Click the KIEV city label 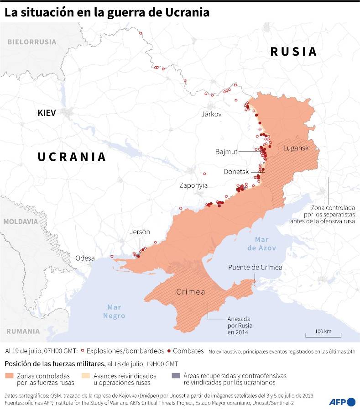point(47,113)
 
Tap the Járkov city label point(211,114)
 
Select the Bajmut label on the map point(226,151)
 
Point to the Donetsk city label point(236,172)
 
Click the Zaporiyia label point(193,185)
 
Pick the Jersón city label point(140,232)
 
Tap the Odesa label point(85,258)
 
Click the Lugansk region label point(296,148)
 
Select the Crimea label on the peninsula point(190,292)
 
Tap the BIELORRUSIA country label point(31,42)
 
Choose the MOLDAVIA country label point(20,221)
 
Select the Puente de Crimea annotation point(255,268)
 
